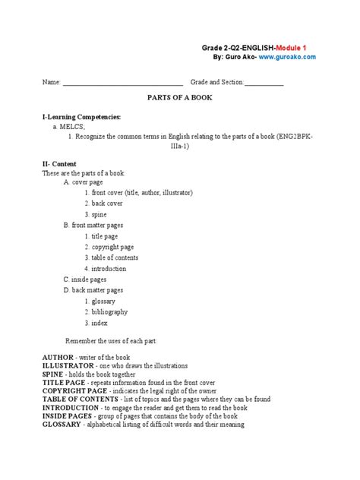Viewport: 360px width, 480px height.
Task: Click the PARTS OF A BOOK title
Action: click(x=179, y=99)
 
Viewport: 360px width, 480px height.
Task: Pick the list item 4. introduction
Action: click(x=106, y=269)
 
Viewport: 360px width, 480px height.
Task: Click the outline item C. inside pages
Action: click(x=84, y=279)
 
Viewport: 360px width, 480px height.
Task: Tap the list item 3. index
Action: click(x=96, y=323)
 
